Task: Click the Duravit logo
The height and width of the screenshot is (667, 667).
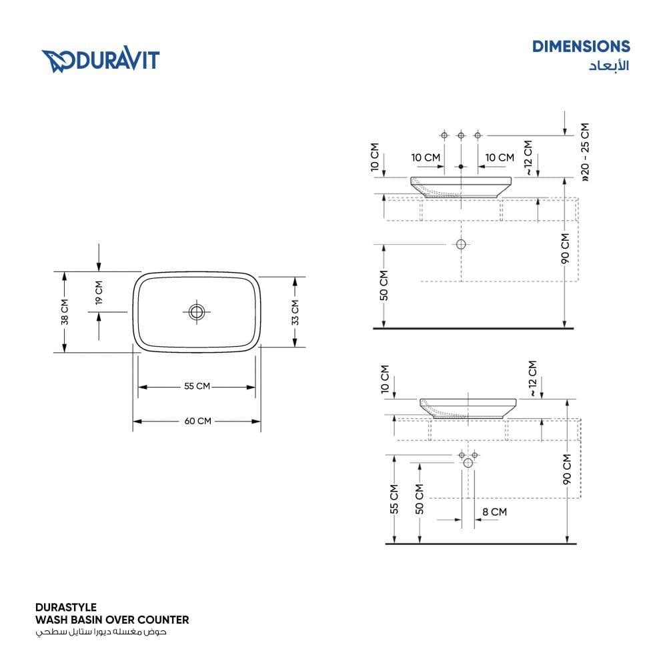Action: click(x=101, y=61)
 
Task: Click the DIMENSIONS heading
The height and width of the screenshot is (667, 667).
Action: click(x=581, y=47)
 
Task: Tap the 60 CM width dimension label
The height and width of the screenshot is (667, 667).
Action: click(x=198, y=421)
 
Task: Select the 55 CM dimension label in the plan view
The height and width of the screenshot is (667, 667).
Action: click(x=197, y=386)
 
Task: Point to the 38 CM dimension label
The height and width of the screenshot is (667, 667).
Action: click(x=64, y=311)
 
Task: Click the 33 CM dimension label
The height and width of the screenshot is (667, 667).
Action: click(x=295, y=312)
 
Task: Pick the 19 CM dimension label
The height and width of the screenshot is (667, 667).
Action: click(x=99, y=293)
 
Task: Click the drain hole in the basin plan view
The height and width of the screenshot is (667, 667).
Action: click(x=197, y=311)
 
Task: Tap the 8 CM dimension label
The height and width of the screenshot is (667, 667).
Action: click(x=494, y=512)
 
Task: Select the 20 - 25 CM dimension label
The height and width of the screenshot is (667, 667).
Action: click(x=586, y=152)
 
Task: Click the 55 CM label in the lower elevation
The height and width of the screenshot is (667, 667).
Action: click(x=394, y=499)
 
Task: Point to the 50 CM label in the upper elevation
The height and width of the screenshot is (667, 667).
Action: click(x=384, y=285)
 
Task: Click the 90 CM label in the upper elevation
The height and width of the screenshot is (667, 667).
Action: click(x=565, y=248)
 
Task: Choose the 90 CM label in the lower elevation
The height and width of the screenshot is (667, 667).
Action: click(x=567, y=469)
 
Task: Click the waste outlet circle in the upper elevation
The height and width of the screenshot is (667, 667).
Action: click(x=461, y=244)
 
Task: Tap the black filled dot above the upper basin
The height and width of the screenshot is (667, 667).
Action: click(x=461, y=167)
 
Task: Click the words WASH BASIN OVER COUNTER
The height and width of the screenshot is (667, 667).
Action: click(x=112, y=620)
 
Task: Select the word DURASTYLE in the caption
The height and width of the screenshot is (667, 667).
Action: click(x=66, y=608)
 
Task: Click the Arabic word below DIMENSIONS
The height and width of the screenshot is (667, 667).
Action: click(x=609, y=65)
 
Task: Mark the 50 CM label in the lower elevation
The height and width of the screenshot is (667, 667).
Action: click(x=420, y=499)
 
